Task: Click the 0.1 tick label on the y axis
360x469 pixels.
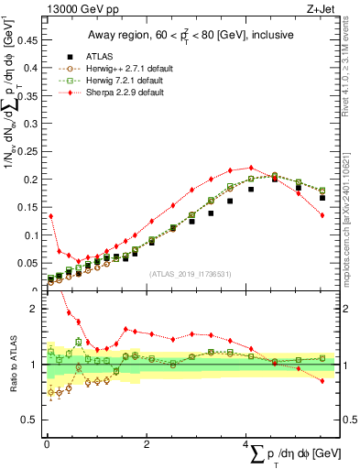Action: (x=30, y=234)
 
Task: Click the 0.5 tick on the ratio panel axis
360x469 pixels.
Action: (x=30, y=420)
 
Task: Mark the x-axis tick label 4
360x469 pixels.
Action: (x=247, y=444)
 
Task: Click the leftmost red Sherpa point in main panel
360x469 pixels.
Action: (x=50, y=215)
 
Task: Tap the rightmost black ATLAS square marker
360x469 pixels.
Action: (x=322, y=198)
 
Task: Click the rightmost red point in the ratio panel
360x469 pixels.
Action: (x=322, y=381)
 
